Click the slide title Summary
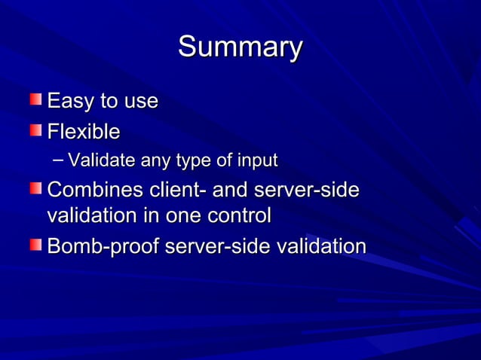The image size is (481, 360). click(x=240, y=47)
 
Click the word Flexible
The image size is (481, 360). click(x=84, y=132)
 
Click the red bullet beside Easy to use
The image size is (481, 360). click(x=36, y=99)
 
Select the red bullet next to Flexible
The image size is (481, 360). click(x=36, y=130)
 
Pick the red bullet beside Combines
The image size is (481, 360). click(x=36, y=188)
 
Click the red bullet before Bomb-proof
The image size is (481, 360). click(x=36, y=245)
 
